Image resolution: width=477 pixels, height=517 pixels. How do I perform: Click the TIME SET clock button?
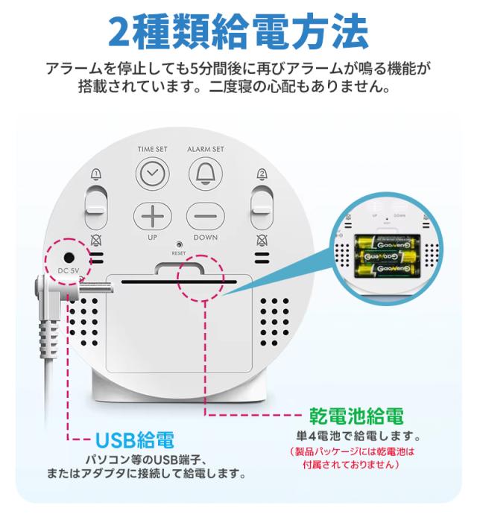(152, 174)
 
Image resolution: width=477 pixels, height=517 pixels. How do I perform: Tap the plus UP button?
(152, 217)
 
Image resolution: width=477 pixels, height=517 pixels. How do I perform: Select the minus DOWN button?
(205, 217)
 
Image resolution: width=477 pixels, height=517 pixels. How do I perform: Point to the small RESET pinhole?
(179, 244)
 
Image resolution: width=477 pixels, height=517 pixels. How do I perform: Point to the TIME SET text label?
(152, 149)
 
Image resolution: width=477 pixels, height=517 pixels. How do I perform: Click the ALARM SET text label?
(205, 149)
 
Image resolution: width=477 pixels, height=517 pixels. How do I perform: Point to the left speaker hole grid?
(86, 317)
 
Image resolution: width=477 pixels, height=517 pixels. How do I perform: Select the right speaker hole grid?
(274, 317)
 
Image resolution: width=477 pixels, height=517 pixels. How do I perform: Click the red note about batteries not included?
(350, 457)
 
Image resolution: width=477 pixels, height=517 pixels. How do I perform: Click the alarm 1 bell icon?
(95, 174)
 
